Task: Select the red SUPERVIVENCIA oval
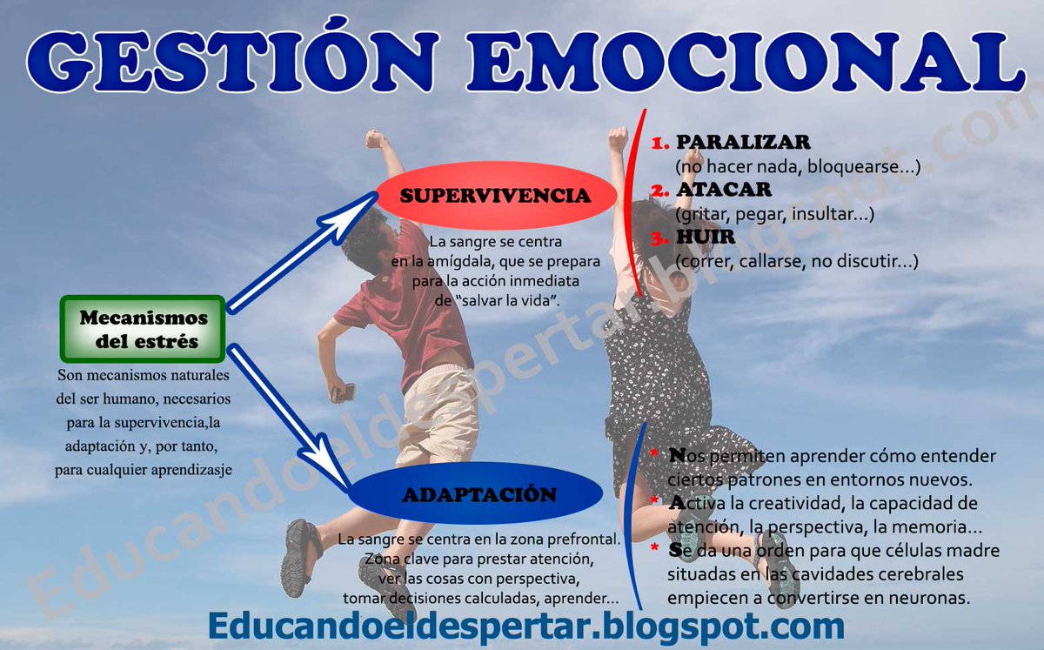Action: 484,196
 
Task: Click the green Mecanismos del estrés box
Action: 144,329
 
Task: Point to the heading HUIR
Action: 706,237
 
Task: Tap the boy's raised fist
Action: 376,138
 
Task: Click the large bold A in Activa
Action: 677,502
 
